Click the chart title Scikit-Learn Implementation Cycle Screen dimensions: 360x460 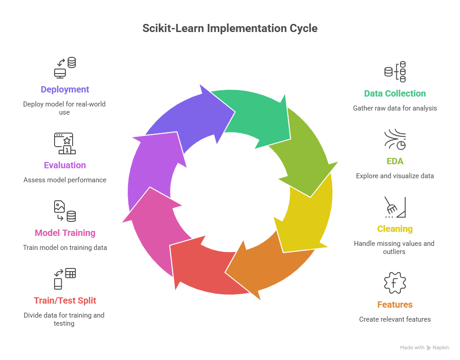pyautogui.click(x=230, y=28)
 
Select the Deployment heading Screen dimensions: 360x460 pyautogui.click(x=65, y=89)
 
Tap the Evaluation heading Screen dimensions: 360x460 pyautogui.click(x=65, y=165)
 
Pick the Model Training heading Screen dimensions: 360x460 pyautogui.click(x=65, y=233)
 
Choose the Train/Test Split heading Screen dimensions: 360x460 pyautogui.click(x=65, y=300)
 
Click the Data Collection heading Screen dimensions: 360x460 pyautogui.click(x=395, y=94)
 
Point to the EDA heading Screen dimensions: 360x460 pyautogui.click(x=395, y=161)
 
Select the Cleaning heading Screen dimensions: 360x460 pyautogui.click(x=395, y=229)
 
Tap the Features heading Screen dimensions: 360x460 pyautogui.click(x=395, y=305)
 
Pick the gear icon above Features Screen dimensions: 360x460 pyautogui.click(x=395, y=283)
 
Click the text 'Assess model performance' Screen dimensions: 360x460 pyautogui.click(x=65, y=180)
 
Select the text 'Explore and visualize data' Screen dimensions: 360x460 pyautogui.click(x=395, y=176)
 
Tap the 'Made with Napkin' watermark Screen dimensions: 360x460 pyautogui.click(x=424, y=348)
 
